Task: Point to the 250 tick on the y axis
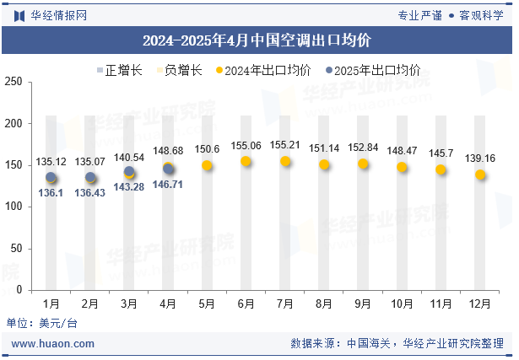[x=14, y=82]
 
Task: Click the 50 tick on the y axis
[x=17, y=249]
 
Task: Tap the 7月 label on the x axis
[x=284, y=303]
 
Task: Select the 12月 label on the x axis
[x=479, y=303]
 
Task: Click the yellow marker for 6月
[x=246, y=161]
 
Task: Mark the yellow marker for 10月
[x=402, y=167]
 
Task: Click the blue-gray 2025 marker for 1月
[x=51, y=177]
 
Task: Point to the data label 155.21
[x=285, y=145]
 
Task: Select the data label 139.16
[x=479, y=159]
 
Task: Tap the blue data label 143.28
[x=129, y=186]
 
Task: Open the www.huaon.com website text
[x=52, y=343]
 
